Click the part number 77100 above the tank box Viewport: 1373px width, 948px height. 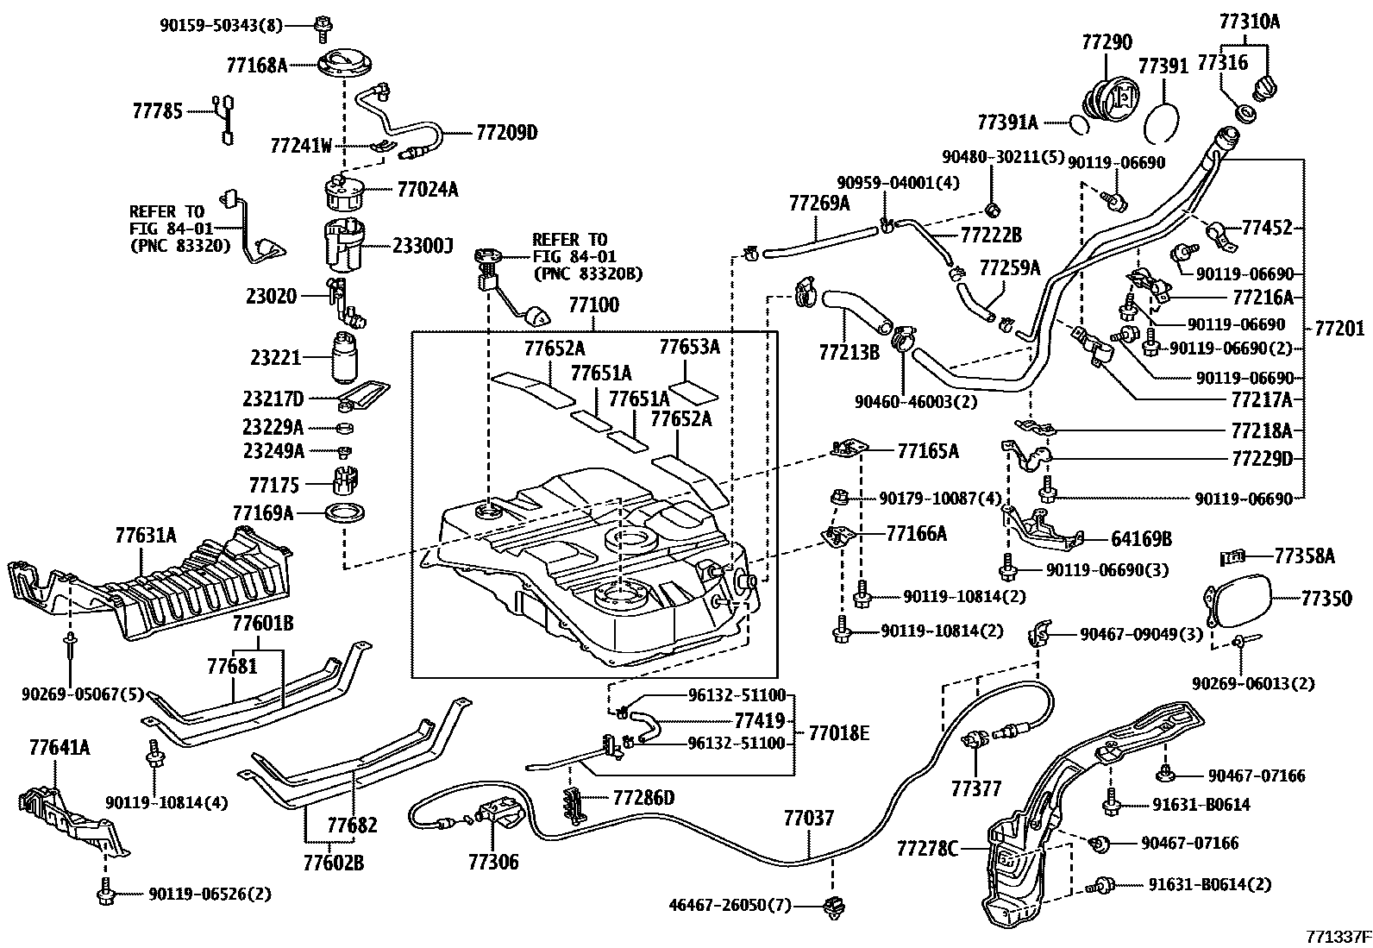click(x=592, y=306)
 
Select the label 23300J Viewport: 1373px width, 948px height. click(x=423, y=247)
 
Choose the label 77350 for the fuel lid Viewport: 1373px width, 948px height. click(x=1326, y=597)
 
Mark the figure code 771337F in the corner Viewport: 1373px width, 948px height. click(x=1337, y=936)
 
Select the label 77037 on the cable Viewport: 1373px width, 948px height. click(x=809, y=817)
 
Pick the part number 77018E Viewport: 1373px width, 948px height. click(x=839, y=733)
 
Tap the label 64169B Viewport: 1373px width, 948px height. click(x=1141, y=539)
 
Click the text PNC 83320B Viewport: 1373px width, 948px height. click(x=589, y=273)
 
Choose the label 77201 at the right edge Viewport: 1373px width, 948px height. click(x=1339, y=328)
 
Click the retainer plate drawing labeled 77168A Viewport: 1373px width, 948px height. click(x=344, y=66)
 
